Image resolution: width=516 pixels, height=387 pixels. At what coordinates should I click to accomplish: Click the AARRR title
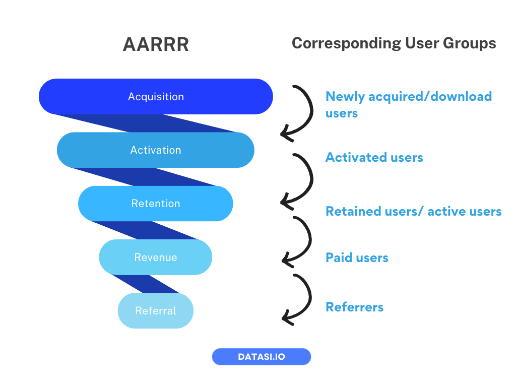[156, 44]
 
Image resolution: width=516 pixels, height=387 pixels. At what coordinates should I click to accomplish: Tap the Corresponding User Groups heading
[394, 43]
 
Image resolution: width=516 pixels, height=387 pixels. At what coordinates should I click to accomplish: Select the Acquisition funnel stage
[156, 96]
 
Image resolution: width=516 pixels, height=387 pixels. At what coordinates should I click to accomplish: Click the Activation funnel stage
[155, 150]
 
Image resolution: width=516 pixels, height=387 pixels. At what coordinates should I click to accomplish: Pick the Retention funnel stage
[155, 204]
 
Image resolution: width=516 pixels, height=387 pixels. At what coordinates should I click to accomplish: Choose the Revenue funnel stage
[155, 257]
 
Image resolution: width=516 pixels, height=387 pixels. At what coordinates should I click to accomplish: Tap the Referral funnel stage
[155, 310]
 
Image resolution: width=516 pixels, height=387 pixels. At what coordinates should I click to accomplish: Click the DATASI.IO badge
[261, 357]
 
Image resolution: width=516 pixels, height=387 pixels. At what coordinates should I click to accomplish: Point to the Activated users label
[374, 157]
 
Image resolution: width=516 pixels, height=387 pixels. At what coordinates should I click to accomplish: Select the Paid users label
[357, 257]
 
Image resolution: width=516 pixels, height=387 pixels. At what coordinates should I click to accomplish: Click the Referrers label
[354, 306]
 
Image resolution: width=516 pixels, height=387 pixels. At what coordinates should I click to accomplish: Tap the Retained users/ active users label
[413, 211]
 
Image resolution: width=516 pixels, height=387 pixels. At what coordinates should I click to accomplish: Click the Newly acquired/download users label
[408, 104]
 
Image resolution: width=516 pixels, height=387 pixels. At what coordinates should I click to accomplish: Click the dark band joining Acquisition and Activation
[146, 123]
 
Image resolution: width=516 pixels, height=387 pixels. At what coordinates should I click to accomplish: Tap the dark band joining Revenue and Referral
[146, 284]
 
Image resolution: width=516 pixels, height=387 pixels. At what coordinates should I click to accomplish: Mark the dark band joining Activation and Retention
[146, 177]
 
